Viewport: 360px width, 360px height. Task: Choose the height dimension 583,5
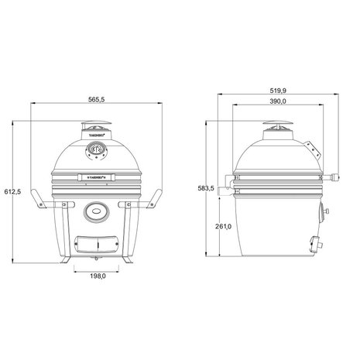click(x=204, y=188)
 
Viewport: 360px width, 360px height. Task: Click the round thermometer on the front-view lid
click(x=96, y=148)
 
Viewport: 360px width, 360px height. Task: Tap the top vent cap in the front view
click(x=96, y=129)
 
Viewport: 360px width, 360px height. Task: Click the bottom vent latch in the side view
click(x=315, y=242)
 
